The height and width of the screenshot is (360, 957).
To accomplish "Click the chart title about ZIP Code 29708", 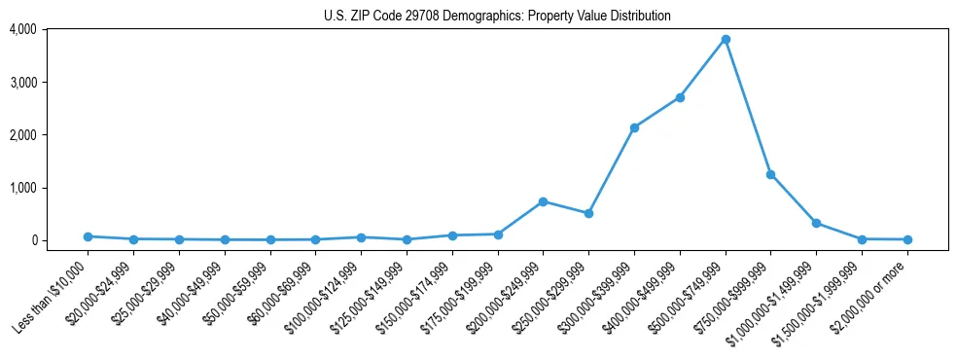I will click(497, 16).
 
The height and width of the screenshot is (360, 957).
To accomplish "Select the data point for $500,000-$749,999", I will click(726, 39).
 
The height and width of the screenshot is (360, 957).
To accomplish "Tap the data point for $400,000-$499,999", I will click(680, 97).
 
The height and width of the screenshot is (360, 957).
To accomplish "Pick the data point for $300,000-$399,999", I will click(634, 127).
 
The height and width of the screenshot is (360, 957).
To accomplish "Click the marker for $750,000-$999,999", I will click(770, 174).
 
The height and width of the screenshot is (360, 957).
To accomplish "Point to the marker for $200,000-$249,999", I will click(543, 201).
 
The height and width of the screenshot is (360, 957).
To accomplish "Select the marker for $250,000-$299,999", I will click(588, 213).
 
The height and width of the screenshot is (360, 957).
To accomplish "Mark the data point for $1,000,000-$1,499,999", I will click(816, 223).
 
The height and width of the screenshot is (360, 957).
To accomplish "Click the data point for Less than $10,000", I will click(88, 236).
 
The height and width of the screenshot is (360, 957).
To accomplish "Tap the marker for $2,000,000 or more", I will click(907, 239).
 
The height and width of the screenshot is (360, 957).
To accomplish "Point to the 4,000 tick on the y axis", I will click(22, 29).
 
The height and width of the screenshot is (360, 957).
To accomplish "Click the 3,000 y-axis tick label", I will click(22, 82).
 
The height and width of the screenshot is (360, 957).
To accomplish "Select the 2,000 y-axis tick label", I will click(22, 134).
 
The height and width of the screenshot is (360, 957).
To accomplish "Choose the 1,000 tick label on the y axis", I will click(22, 187).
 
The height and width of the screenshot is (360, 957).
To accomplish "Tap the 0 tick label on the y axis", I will click(34, 240).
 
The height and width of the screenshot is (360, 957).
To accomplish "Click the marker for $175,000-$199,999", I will click(498, 234).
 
